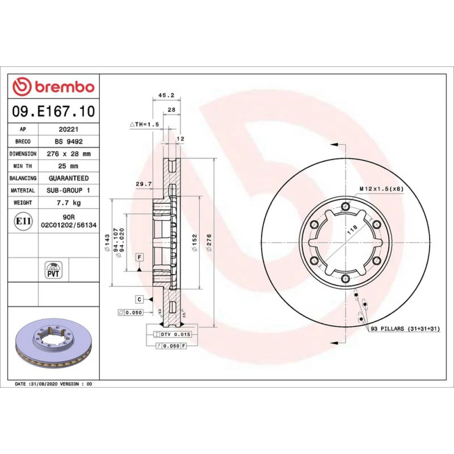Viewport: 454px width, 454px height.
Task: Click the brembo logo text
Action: click(x=64, y=87)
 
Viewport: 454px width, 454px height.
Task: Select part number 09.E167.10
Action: click(x=54, y=111)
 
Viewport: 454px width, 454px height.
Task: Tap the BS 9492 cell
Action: click(x=69, y=142)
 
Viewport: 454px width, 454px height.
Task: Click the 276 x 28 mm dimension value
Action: click(x=69, y=154)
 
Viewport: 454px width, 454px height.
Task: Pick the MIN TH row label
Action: click(x=23, y=166)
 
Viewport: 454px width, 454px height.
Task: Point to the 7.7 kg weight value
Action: click(x=69, y=202)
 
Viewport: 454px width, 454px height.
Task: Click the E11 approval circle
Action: click(x=23, y=221)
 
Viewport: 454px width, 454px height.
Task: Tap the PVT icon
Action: click(x=54, y=270)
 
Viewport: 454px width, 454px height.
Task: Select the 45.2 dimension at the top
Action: click(x=167, y=95)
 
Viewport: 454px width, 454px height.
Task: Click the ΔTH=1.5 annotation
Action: click(x=144, y=124)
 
